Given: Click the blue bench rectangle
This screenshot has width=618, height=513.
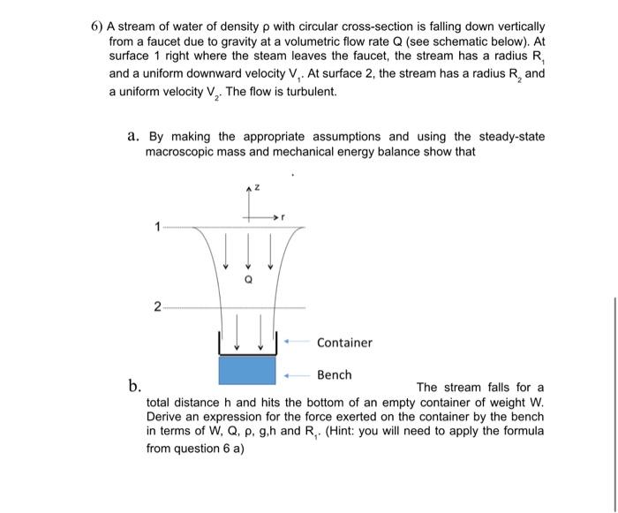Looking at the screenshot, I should coord(247,370).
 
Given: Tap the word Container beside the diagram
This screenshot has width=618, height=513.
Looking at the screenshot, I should coord(344,343).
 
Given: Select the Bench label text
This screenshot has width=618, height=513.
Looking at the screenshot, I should coord(334,375).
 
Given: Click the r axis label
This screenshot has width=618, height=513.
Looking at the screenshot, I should coord(285,215).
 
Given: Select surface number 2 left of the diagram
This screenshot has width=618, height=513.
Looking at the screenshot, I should coord(157,307).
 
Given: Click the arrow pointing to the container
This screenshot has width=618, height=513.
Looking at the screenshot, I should coord(297,342).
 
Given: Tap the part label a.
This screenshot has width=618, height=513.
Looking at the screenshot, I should coord(133,136).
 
